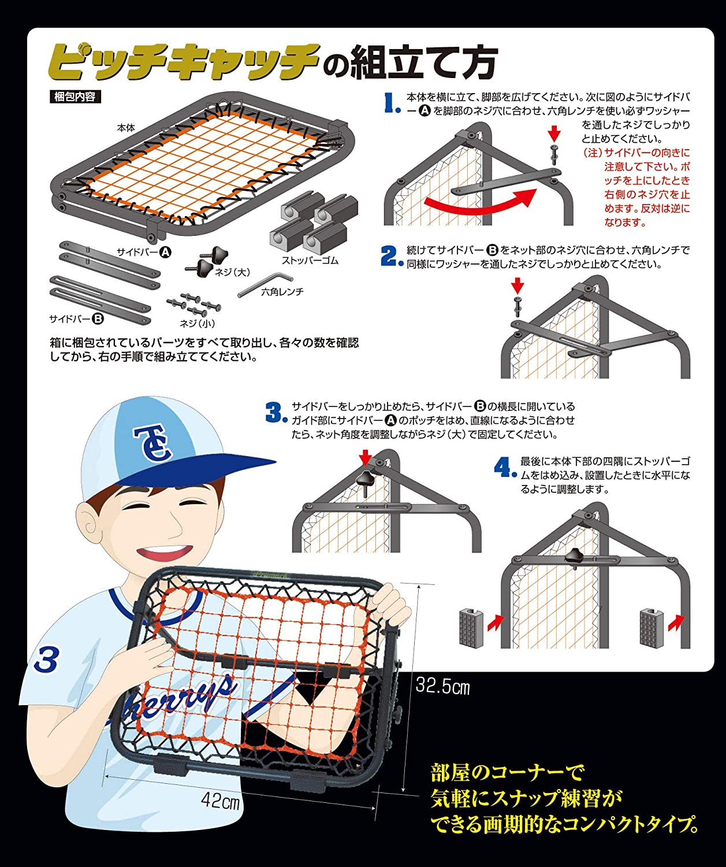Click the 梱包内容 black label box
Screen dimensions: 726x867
click(75, 97)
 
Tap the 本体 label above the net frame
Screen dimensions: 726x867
click(126, 128)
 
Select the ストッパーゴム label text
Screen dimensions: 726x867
click(310, 261)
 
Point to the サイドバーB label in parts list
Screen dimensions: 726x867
click(76, 318)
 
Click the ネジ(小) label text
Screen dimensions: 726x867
click(197, 323)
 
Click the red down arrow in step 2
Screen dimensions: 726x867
click(517, 286)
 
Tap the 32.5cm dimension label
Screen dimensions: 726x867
click(442, 687)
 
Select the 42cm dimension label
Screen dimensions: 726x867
click(220, 800)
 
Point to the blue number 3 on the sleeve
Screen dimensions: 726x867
click(46, 660)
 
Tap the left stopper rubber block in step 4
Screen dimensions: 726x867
click(471, 628)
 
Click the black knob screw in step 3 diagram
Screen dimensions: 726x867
click(366, 483)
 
